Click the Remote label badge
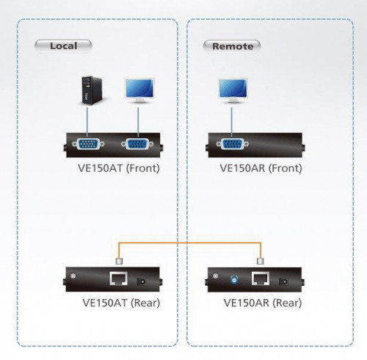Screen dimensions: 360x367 point(232,46)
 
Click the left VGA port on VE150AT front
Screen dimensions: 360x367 point(87,144)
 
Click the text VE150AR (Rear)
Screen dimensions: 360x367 point(260,303)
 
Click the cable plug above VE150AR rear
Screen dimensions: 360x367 point(261,259)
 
